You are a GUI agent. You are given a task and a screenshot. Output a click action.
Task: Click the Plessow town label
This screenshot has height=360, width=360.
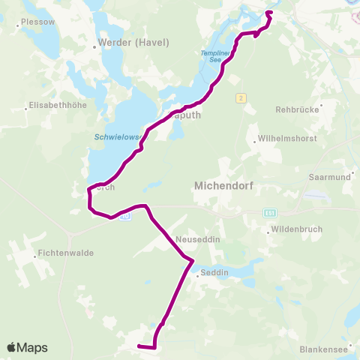38,22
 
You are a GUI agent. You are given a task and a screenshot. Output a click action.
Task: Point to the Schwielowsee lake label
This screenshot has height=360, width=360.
113,137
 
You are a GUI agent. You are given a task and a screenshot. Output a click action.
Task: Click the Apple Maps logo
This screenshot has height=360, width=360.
27,347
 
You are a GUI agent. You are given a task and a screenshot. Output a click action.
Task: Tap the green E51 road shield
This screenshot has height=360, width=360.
269,213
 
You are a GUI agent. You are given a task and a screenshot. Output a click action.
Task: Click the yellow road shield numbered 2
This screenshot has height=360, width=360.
240,97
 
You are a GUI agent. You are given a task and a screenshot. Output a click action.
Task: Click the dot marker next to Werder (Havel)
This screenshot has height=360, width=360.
94,46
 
